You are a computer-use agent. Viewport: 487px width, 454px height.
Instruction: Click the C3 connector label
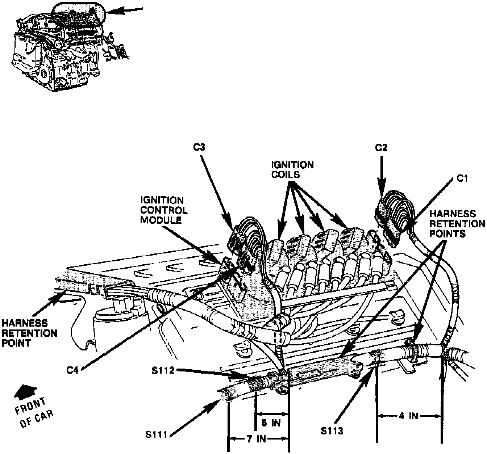click(199, 147)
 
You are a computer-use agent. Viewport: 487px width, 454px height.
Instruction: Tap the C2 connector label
click(381, 147)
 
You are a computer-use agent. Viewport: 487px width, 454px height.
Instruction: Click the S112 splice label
click(163, 370)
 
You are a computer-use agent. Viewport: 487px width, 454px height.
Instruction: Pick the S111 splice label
click(157, 434)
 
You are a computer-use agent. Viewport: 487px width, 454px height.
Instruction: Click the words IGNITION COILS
click(292, 169)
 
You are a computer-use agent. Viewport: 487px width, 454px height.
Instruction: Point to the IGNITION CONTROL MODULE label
click(164, 210)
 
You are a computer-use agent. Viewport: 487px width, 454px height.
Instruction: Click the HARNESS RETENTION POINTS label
click(457, 223)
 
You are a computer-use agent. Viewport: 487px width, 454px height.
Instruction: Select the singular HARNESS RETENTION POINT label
click(29, 333)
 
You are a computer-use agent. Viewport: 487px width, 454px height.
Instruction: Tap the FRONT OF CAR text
click(34, 412)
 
